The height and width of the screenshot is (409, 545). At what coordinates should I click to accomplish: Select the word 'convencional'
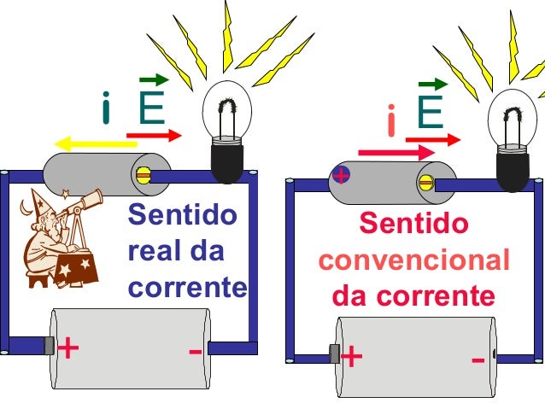413,260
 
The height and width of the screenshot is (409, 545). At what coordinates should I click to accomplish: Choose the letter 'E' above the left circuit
152,109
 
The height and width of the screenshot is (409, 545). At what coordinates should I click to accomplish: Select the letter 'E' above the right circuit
430,114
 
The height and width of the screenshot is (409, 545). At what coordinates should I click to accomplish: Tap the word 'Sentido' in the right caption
413,225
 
